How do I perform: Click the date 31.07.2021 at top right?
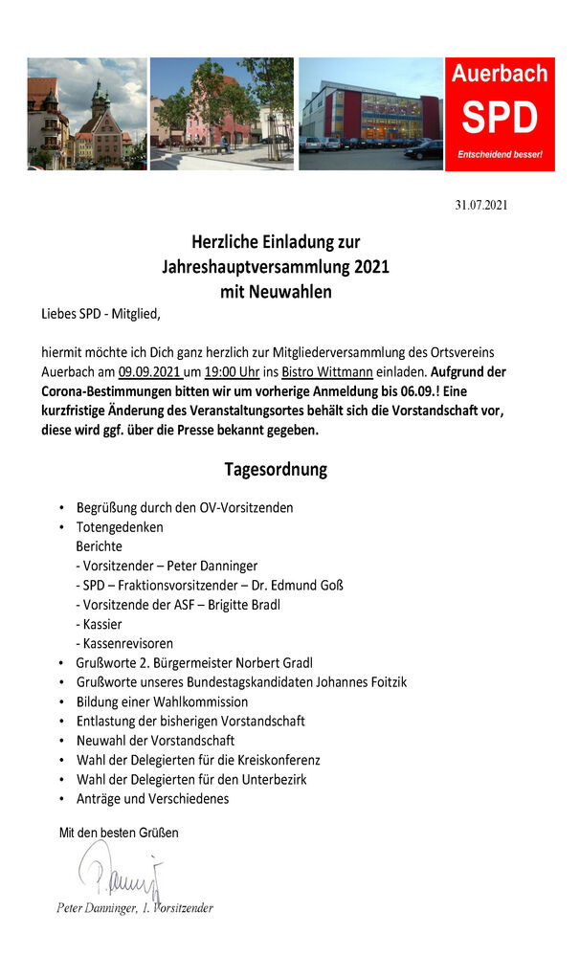point(480,205)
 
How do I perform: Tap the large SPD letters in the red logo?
point(500,117)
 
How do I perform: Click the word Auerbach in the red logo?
point(500,74)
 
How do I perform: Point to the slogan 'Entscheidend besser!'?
point(500,154)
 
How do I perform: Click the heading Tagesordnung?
point(276,470)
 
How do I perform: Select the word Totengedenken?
point(120,527)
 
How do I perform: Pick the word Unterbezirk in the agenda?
point(273,780)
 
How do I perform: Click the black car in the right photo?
point(423,150)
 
